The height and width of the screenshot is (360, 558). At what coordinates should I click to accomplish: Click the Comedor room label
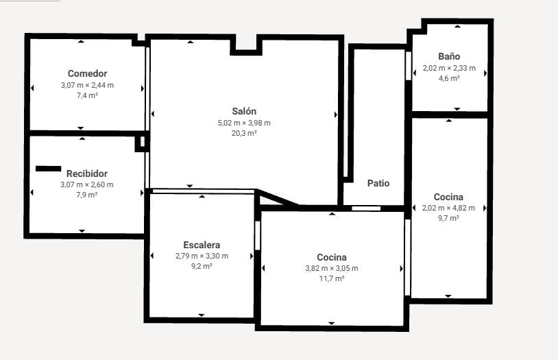click(x=87, y=73)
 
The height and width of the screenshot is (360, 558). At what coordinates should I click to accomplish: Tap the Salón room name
click(x=244, y=111)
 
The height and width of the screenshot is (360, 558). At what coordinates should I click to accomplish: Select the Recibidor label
click(x=87, y=173)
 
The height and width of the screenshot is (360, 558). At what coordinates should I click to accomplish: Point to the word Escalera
click(x=202, y=245)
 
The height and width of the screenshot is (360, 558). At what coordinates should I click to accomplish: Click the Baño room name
click(x=449, y=56)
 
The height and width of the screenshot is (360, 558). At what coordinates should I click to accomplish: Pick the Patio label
click(x=378, y=183)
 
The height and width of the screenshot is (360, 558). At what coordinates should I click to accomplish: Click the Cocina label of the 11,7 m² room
click(x=332, y=257)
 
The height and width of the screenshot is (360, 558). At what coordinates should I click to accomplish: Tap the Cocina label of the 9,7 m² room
click(x=448, y=197)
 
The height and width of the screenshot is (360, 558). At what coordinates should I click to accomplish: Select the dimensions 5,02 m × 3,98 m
click(x=244, y=123)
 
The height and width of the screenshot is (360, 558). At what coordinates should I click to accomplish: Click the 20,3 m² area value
click(x=244, y=133)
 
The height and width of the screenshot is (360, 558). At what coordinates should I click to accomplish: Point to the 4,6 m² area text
click(x=449, y=78)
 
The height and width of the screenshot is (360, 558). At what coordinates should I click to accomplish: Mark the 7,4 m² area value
click(x=87, y=95)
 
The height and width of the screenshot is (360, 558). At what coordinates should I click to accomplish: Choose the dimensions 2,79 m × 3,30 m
click(x=202, y=256)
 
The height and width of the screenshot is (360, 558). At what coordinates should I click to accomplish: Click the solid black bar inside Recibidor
click(x=49, y=169)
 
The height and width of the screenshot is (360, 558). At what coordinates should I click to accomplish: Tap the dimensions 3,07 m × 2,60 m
click(x=87, y=185)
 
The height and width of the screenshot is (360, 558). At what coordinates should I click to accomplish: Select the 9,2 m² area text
click(x=202, y=266)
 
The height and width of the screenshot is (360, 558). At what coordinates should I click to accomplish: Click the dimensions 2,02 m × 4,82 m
click(x=448, y=208)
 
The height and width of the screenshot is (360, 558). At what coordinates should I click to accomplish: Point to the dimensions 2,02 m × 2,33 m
click(x=449, y=68)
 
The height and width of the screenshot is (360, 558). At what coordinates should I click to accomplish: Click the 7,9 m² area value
click(x=87, y=195)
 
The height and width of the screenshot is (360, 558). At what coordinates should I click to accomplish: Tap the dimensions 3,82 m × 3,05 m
click(x=332, y=268)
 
